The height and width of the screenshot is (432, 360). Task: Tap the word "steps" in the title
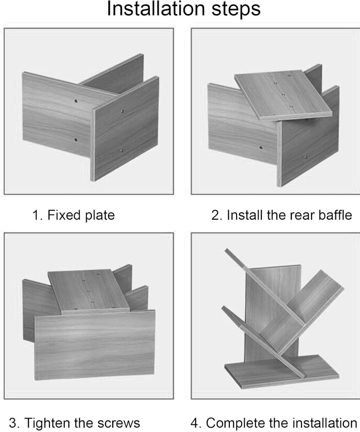(236, 10)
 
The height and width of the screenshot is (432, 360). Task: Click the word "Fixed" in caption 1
(64, 215)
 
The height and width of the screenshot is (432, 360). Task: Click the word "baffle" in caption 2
(335, 215)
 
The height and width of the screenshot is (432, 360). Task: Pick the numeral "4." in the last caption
(195, 423)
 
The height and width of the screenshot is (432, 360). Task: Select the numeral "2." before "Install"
(217, 216)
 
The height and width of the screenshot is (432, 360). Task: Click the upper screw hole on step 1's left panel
(76, 101)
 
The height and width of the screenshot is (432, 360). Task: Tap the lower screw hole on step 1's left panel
(76, 140)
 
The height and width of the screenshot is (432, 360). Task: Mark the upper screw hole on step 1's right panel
(123, 111)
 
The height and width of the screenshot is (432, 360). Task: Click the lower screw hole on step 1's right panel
(122, 150)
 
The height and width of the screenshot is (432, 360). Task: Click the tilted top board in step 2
(283, 95)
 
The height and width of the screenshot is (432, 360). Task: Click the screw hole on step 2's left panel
(261, 148)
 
